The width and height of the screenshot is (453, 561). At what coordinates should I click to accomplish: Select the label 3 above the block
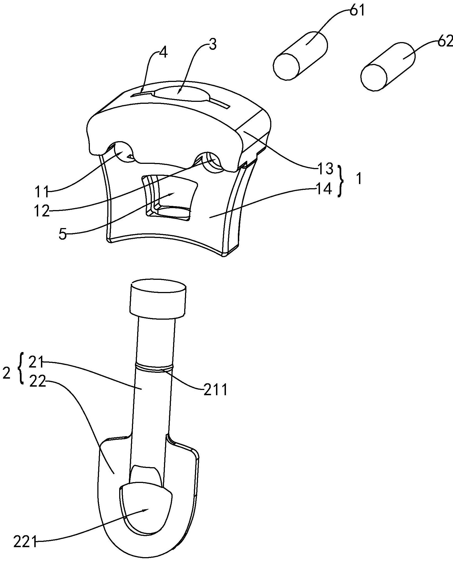(x=212, y=45)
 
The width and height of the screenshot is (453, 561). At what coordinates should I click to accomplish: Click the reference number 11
(x=41, y=192)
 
